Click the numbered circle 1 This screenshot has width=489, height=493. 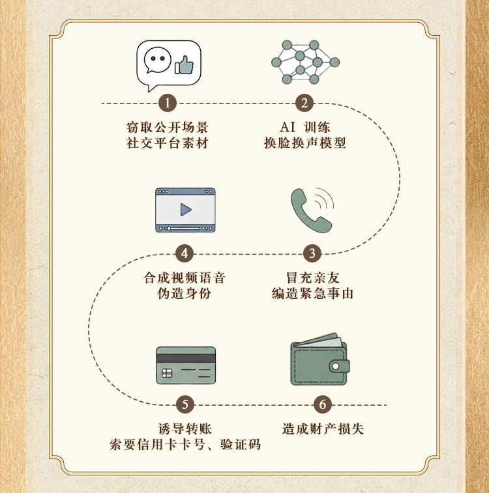[x=167, y=103]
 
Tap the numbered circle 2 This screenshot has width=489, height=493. [x=304, y=103]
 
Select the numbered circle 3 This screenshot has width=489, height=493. [x=312, y=253]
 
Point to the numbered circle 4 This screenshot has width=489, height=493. [x=185, y=253]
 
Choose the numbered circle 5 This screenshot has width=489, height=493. [x=185, y=404]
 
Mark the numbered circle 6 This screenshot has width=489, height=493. [x=323, y=404]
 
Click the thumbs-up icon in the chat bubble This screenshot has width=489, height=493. [x=185, y=65]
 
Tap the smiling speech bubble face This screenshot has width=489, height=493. [x=157, y=61]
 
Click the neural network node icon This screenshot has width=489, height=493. [x=305, y=62]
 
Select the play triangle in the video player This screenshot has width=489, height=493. [x=186, y=210]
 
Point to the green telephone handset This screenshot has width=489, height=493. [x=310, y=210]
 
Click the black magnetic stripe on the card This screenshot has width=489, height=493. [x=186, y=358]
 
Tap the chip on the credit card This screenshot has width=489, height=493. [x=167, y=373]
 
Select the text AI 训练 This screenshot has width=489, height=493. [x=305, y=128]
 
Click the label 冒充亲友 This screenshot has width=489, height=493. [x=313, y=278]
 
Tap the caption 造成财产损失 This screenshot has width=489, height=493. [x=323, y=429]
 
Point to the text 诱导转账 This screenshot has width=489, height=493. [x=185, y=429]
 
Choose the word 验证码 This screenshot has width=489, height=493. [x=241, y=445]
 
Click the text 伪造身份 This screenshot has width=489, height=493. [x=185, y=294]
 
